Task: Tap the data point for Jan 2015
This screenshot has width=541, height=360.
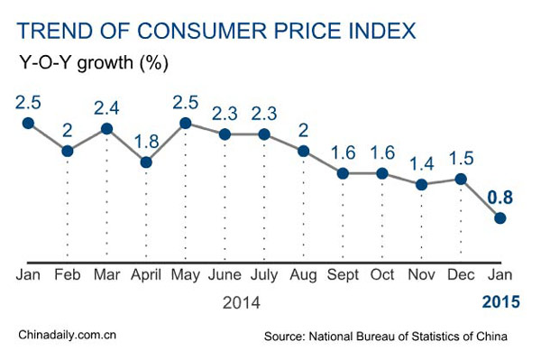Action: [x=500, y=217]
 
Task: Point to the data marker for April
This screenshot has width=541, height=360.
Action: [x=146, y=162]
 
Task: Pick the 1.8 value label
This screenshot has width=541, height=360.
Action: [x=146, y=141]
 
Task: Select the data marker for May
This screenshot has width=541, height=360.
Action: [x=186, y=122]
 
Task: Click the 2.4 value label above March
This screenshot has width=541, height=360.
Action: [x=106, y=107]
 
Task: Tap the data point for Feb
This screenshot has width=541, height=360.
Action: [x=67, y=150]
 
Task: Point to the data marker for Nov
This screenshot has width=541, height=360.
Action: [x=422, y=185]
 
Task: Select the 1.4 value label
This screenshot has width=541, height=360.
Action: [x=422, y=163]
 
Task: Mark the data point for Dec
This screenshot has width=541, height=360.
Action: [x=462, y=179]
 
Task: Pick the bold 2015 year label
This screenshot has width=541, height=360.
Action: [x=501, y=302]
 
